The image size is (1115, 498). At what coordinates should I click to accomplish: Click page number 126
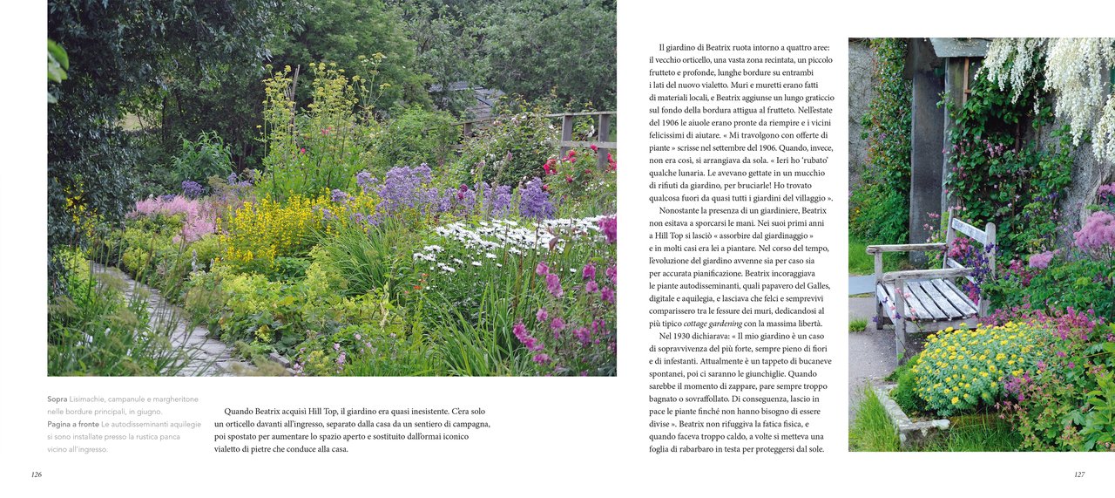click(36, 474)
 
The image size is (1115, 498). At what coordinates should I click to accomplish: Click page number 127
click(1078, 474)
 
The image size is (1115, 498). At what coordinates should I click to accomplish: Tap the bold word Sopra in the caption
click(57, 399)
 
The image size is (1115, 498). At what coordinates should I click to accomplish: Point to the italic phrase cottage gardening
click(713, 324)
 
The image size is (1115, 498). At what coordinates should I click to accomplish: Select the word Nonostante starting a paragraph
click(683, 210)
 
